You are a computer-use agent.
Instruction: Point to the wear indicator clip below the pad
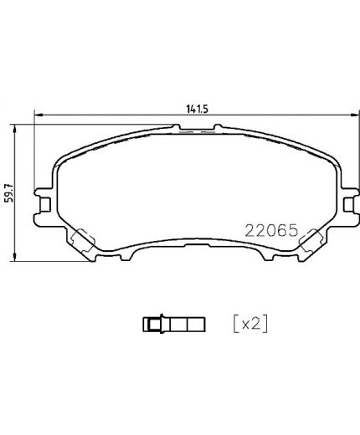174,321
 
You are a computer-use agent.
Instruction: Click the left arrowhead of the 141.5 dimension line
36,115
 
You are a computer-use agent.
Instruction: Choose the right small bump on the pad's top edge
217,127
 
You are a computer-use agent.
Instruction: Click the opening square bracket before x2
234,321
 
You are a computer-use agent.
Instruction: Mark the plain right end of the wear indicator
200,321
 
